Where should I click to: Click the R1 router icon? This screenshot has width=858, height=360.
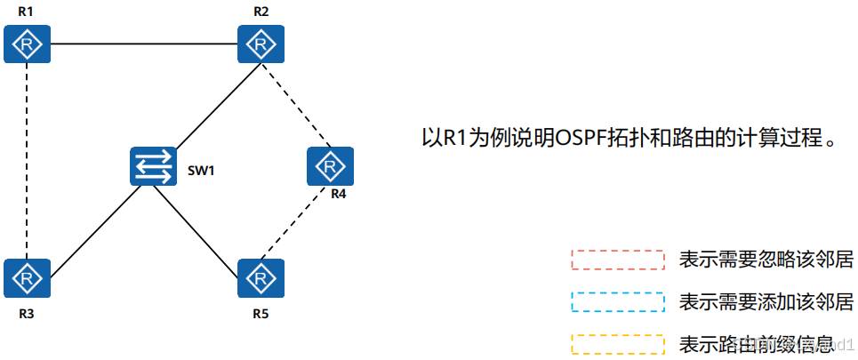[x=27, y=42]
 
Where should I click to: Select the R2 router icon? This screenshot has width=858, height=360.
[x=261, y=42]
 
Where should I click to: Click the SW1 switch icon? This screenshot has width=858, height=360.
[x=153, y=166]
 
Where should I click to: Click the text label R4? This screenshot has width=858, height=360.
[x=338, y=195]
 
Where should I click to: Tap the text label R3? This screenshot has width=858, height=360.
[x=27, y=314]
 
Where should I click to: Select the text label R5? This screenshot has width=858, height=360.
[x=261, y=314]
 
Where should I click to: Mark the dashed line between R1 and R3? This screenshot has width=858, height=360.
[x=27, y=160]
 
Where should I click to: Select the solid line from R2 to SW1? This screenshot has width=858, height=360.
[x=211, y=106]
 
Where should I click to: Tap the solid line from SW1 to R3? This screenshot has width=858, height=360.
[x=93, y=222]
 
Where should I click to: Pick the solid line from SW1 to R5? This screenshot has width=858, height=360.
[x=204, y=222]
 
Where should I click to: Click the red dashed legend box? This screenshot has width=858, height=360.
[x=617, y=260]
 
